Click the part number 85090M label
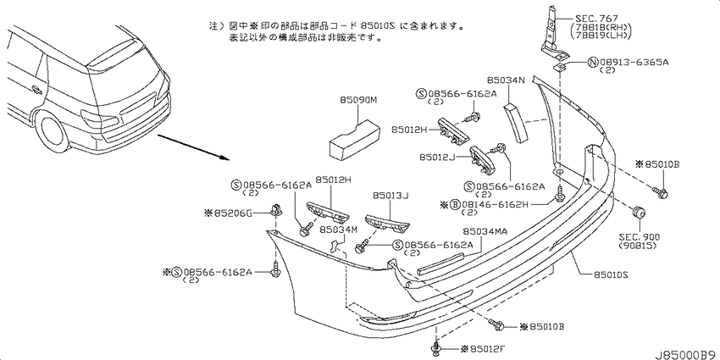point(358,100)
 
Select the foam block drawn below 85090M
point(355,140)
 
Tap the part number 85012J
point(437,157)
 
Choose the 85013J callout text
point(390,196)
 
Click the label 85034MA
point(485,231)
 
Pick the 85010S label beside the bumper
point(611,274)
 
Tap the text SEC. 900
point(640,237)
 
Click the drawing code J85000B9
point(686,355)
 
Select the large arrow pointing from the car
point(193,147)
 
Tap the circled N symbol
point(593,63)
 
